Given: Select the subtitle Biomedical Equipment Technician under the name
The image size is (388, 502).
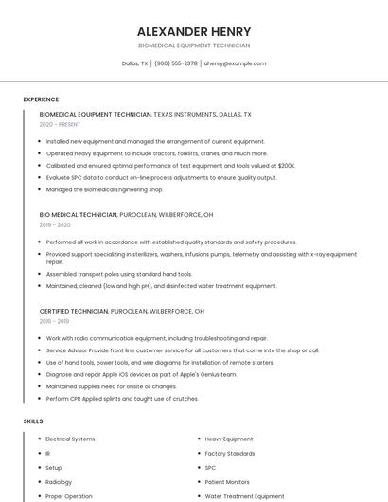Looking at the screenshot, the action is click(x=194, y=45).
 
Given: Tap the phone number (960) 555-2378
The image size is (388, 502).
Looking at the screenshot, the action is click(x=176, y=63).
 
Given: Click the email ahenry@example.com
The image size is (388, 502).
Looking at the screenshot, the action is click(x=236, y=63).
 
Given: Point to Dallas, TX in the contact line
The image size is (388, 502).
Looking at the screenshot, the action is click(x=135, y=63).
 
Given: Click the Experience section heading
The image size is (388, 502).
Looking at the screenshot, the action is click(x=41, y=99).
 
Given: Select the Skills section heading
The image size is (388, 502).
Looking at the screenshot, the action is click(x=33, y=421).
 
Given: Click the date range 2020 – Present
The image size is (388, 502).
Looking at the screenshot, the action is click(x=60, y=124).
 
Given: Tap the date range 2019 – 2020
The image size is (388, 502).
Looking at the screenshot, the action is click(x=55, y=224).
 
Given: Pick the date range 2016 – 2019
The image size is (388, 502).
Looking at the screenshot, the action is click(x=55, y=321).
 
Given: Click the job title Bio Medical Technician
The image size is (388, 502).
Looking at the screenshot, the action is click(x=79, y=215).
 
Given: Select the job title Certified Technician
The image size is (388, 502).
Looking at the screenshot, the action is click(x=74, y=311).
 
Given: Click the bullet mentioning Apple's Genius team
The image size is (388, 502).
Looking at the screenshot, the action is click(x=142, y=374).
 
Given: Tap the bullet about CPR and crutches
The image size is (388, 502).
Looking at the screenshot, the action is click(x=123, y=398).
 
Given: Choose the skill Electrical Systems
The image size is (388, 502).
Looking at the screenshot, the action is click(x=70, y=439).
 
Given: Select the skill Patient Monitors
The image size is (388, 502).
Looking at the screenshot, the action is click(x=227, y=481).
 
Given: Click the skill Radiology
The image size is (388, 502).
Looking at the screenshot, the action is click(x=59, y=481).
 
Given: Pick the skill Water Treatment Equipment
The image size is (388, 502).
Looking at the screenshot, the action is click(x=244, y=496).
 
